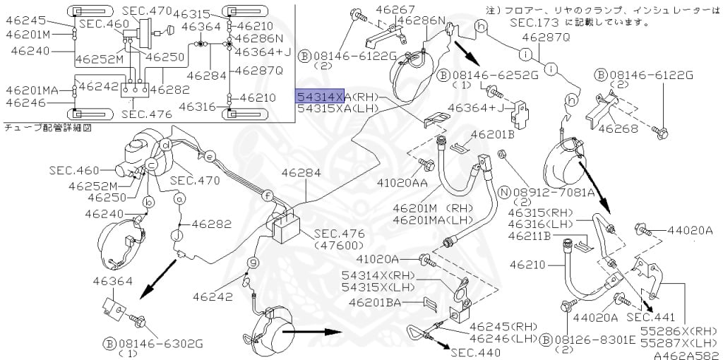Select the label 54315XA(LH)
tap(337, 109)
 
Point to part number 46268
tap(619, 128)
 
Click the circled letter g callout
tap(249, 263)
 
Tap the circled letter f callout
tap(267, 195)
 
